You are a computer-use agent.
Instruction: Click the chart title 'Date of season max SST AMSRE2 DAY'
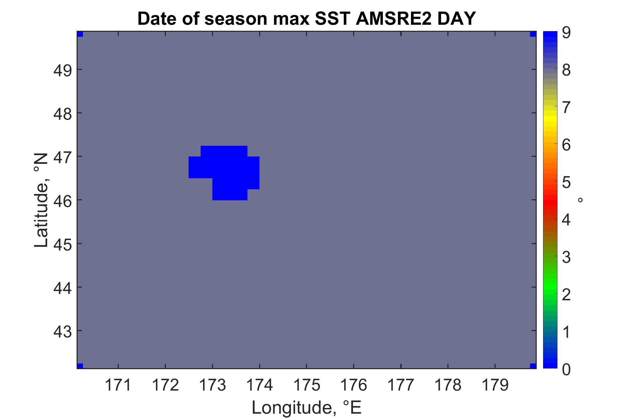306,19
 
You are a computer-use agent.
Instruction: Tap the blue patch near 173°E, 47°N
224,173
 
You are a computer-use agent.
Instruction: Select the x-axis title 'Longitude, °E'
307,408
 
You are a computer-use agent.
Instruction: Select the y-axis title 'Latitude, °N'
41,201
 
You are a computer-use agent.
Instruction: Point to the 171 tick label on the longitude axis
118,386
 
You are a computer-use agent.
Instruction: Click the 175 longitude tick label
306,386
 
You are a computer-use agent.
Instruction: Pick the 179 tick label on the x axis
495,386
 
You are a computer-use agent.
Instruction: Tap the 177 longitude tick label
401,386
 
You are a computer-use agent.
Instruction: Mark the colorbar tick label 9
566,33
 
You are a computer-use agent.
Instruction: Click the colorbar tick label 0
566,369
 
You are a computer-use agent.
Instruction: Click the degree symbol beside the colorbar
580,200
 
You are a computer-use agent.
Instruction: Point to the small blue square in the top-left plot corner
80,34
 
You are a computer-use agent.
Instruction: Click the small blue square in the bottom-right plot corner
533,365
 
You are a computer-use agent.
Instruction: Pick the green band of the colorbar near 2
550,294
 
